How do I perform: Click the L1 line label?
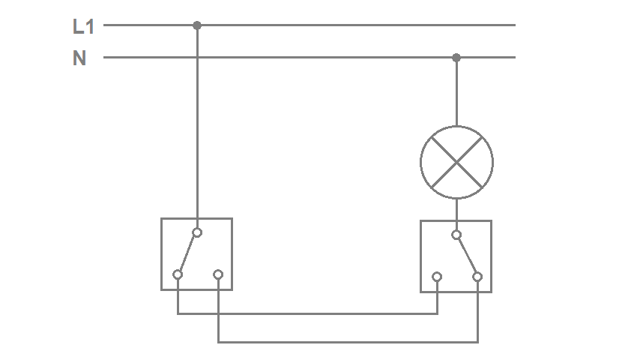pyautogui.click(x=83, y=26)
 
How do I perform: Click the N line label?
pyautogui.click(x=79, y=58)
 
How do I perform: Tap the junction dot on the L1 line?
pyautogui.click(x=197, y=25)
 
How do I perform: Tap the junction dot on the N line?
pyautogui.click(x=456, y=58)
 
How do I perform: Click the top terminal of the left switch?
pyautogui.click(x=197, y=232)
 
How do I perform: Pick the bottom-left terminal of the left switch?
pyautogui.click(x=178, y=274)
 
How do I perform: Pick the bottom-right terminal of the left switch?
pyautogui.click(x=218, y=274)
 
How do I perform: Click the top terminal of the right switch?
pyautogui.click(x=456, y=235)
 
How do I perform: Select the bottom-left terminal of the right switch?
pyautogui.click(x=437, y=277)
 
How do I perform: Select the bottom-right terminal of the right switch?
pyautogui.click(x=477, y=277)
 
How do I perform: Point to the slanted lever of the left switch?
pyautogui.click(x=187, y=253)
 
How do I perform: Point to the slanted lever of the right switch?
pyautogui.click(x=467, y=256)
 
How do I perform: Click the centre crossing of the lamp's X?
pyautogui.click(x=456, y=163)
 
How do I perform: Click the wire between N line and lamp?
pyautogui.click(x=456, y=91)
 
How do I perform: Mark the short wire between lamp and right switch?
pyautogui.click(x=456, y=210)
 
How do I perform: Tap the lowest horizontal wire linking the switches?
pyautogui.click(x=348, y=342)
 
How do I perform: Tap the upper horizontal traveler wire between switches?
pyautogui.click(x=307, y=313)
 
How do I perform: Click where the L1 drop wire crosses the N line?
pyautogui.click(x=197, y=58)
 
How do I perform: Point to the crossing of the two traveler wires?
pyautogui.click(x=218, y=313)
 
